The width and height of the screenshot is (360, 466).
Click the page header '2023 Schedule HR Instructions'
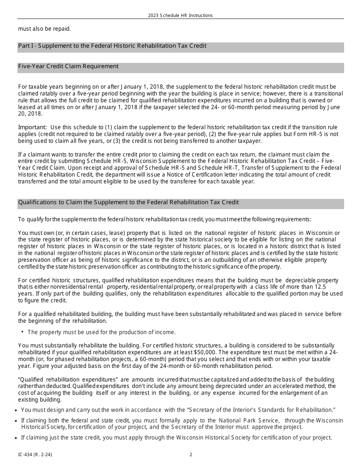coord(180,16)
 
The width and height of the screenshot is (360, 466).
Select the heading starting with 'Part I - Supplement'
coord(112,46)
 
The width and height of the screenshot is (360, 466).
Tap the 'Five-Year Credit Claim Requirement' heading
coord(68,66)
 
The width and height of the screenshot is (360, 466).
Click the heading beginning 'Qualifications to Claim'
coord(128,202)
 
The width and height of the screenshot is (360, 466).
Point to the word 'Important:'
coord(33,127)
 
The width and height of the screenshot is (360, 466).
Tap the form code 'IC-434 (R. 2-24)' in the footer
coord(35,455)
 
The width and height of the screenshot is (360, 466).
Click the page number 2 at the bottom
coord(191,455)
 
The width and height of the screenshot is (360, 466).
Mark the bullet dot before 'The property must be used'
coord(23,332)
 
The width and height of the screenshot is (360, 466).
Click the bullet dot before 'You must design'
coord(15,410)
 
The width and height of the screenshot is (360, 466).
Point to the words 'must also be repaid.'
coord(44,29)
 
